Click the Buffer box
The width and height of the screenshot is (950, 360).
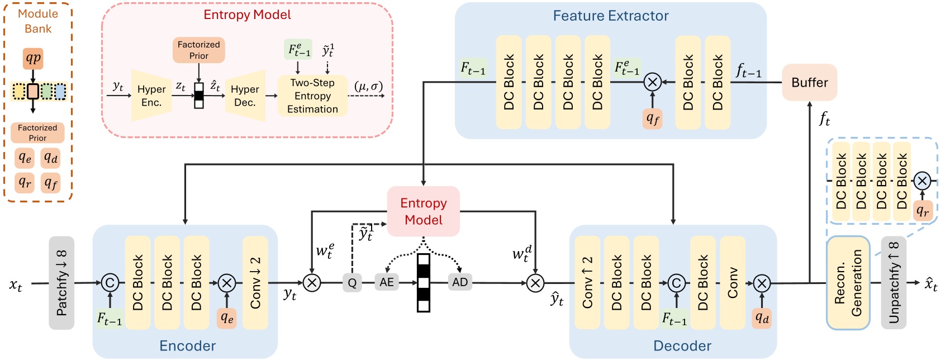(x=809, y=83)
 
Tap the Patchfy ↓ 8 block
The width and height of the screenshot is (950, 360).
(x=61, y=282)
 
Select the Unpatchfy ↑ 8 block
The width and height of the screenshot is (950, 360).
(x=894, y=282)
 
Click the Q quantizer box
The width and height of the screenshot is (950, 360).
(x=352, y=283)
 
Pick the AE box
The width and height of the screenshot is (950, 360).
(x=387, y=282)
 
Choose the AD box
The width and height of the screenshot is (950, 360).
(x=460, y=282)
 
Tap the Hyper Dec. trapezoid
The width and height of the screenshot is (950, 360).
(x=245, y=96)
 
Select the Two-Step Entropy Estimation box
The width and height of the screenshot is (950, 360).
(x=312, y=96)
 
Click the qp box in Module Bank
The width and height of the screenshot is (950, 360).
(x=33, y=58)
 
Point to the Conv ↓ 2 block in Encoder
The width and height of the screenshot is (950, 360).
(x=255, y=282)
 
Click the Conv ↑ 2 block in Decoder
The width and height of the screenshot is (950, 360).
(x=587, y=282)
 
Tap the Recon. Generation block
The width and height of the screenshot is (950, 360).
(x=848, y=282)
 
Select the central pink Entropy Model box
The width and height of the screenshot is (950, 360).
(x=424, y=211)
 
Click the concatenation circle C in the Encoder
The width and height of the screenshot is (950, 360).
(x=110, y=283)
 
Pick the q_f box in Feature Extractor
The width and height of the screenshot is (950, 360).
(x=653, y=119)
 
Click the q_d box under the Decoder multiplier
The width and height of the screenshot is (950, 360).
(x=762, y=318)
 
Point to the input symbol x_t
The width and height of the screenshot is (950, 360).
(x=16, y=285)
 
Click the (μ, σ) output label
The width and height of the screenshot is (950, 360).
(x=368, y=86)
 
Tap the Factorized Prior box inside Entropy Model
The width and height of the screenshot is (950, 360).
(x=199, y=50)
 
